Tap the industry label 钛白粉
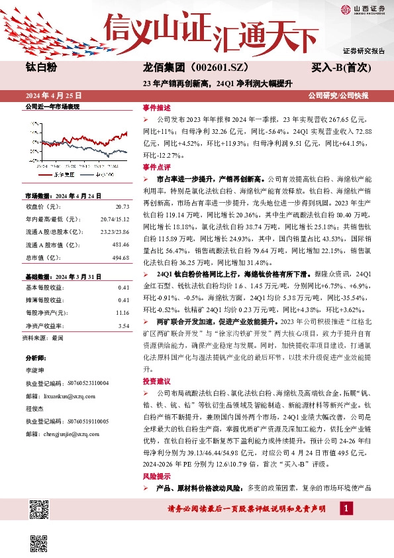coord(41,68)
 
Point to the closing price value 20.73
coord(122,207)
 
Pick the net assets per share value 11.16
coord(122,312)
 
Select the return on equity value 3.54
coord(123,326)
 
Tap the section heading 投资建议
coord(156,381)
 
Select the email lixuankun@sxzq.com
coord(73,394)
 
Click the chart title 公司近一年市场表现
coord(52,107)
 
